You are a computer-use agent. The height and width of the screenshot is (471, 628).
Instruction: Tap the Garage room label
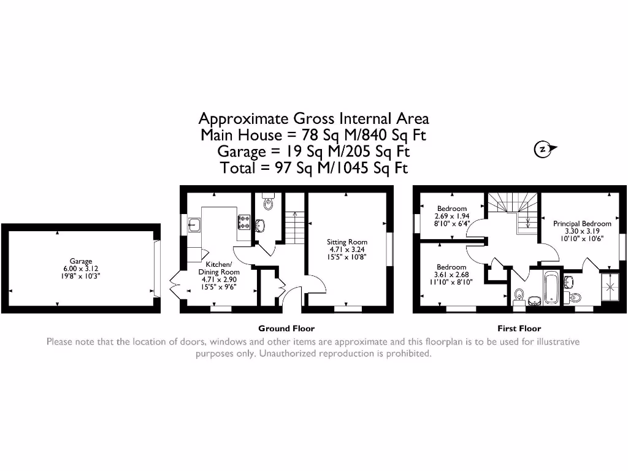[81, 261]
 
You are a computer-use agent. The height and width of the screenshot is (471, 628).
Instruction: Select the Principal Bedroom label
[582, 224]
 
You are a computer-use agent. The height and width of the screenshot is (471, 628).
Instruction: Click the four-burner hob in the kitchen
[243, 221]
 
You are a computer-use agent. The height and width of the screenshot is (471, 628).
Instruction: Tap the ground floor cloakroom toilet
[268, 203]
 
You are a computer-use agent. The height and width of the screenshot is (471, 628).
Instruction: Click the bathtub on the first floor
[549, 288]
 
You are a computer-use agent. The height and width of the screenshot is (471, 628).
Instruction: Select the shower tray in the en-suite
[610, 288]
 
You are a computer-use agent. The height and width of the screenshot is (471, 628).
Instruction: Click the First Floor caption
[519, 328]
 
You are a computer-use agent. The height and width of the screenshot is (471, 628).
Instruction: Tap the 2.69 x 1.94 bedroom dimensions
[451, 216]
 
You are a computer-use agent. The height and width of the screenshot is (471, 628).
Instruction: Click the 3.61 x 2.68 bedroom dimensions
[451, 275]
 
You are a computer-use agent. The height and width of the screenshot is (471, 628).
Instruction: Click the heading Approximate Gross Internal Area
[313, 118]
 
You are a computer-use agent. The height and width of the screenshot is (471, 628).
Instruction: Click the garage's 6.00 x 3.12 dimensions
[81, 269]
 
